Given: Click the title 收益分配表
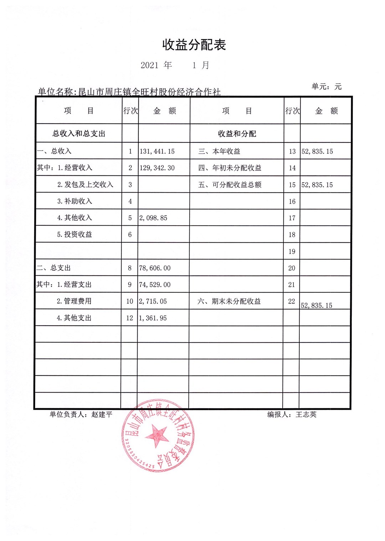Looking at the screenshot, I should click(194, 45).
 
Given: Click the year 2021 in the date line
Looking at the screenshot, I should click(149, 65).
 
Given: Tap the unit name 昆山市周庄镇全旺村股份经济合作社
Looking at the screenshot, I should click(149, 92).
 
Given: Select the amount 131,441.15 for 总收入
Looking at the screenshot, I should click(157, 151).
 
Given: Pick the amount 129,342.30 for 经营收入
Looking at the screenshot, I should click(157, 168).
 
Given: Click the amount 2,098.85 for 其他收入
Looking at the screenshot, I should click(153, 218).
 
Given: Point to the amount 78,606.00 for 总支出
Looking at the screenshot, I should click(155, 268).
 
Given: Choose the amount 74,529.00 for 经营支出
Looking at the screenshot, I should click(155, 285).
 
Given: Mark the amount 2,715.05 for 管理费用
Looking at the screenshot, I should click(153, 301).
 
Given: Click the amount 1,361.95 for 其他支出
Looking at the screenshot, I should click(153, 318).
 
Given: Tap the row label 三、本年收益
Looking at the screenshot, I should click(219, 151).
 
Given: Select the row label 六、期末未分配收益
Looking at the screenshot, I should click(229, 301).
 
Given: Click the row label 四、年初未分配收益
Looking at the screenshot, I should click(230, 168).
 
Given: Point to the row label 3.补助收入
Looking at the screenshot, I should click(75, 201).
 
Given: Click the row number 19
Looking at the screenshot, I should click(292, 252).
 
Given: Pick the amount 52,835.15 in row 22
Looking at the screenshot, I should click(317, 305).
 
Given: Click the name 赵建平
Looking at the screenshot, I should click(102, 414).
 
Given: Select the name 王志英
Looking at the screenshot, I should click(306, 414).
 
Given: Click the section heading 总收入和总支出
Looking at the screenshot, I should click(79, 133).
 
